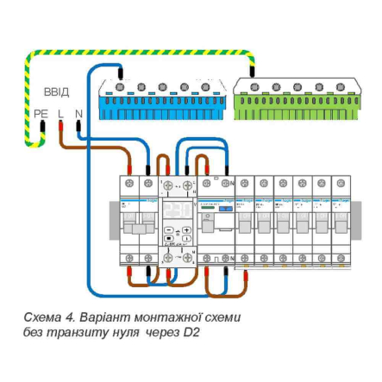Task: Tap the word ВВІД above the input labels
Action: pyautogui.click(x=56, y=91)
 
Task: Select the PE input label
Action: pyautogui.click(x=41, y=113)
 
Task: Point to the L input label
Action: pyautogui.click(x=60, y=113)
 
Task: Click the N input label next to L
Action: pyautogui.click(x=78, y=113)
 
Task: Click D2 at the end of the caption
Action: pyautogui.click(x=191, y=332)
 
